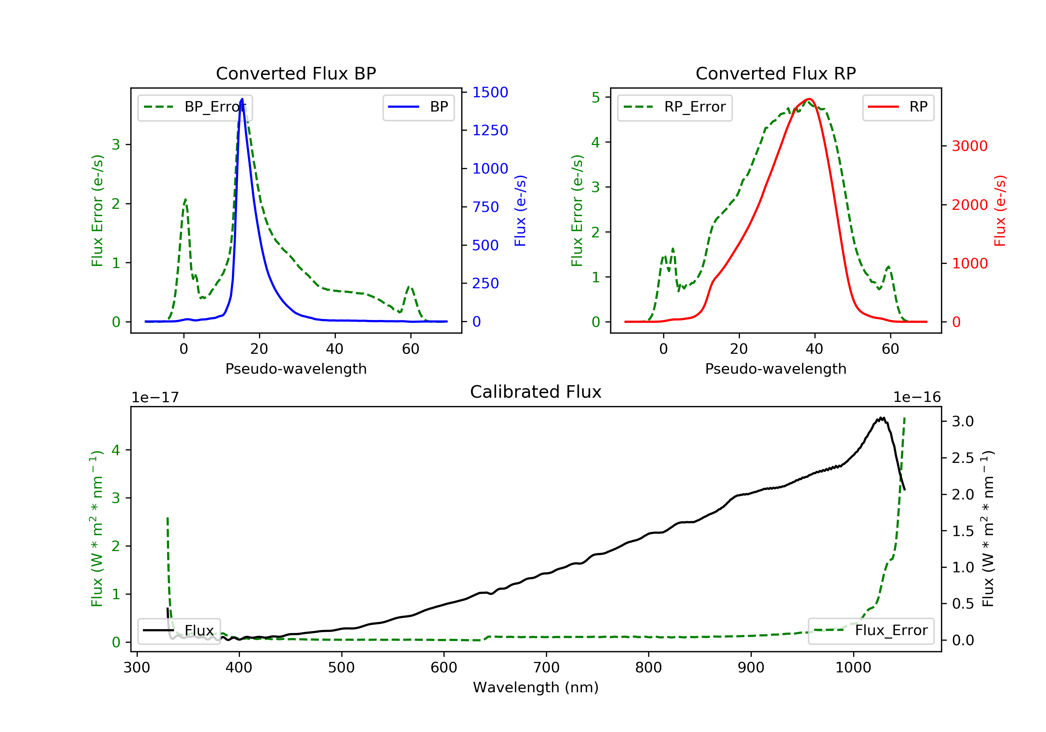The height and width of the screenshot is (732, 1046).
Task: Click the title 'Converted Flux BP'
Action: [x=296, y=73]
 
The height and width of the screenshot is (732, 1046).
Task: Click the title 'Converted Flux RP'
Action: [x=775, y=73]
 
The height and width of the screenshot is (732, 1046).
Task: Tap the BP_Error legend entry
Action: [x=195, y=107]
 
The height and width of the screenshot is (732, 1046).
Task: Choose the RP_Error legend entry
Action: [x=674, y=107]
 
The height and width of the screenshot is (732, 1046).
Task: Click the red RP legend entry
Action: [x=898, y=107]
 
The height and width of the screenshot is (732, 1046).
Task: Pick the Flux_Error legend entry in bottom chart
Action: [x=871, y=631]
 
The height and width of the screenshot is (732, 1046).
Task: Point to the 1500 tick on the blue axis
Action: [x=490, y=92]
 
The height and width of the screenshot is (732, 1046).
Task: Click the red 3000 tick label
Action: [x=969, y=146]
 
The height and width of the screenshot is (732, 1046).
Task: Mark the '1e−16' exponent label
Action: [x=917, y=397]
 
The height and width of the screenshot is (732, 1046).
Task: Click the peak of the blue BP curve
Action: [x=242, y=99]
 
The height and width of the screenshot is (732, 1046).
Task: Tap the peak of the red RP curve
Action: [x=809, y=99]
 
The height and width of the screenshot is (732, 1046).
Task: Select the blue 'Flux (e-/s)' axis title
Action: [x=520, y=211]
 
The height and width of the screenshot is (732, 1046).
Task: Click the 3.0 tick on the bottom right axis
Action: [x=963, y=421]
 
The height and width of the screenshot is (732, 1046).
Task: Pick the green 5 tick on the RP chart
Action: [x=596, y=98]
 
